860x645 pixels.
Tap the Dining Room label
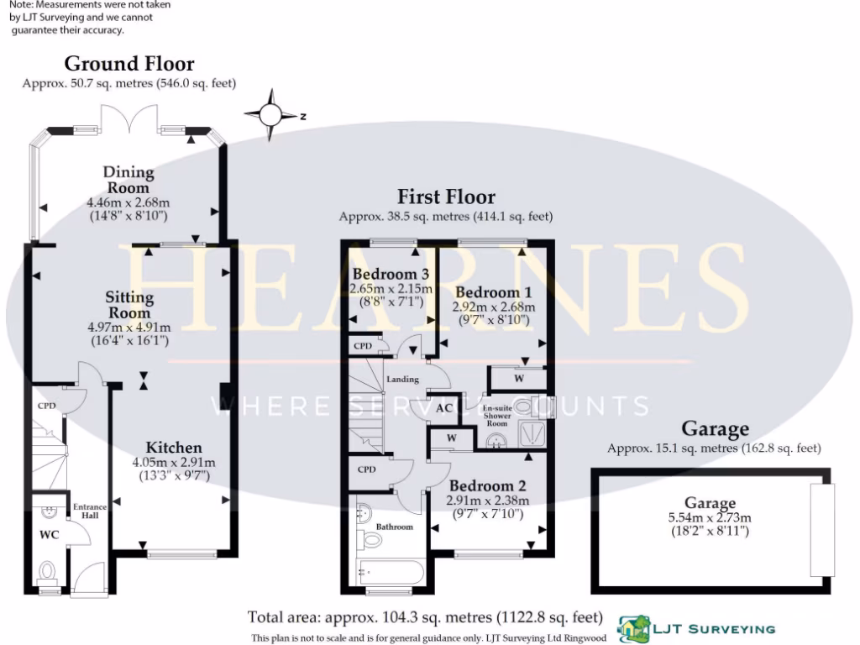[128, 181]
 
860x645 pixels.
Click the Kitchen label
[173, 448]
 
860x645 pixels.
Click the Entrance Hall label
[90, 511]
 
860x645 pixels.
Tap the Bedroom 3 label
[391, 275]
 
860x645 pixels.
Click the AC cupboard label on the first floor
[445, 409]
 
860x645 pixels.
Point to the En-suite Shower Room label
[497, 416]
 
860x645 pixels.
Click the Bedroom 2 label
[487, 485]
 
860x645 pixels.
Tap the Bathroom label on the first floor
[394, 527]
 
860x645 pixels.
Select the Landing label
[402, 380]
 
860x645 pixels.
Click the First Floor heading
[446, 197]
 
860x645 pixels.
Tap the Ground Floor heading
[128, 64]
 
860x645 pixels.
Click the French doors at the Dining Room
[128, 119]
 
